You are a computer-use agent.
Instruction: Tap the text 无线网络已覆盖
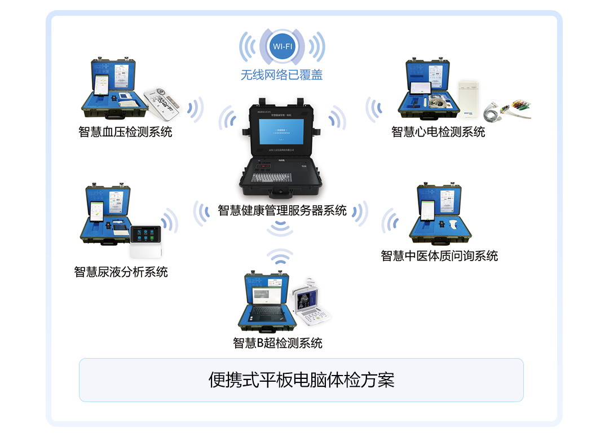click(x=281, y=75)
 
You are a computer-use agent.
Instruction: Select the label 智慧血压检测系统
click(x=125, y=133)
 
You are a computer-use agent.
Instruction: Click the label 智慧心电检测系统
click(x=438, y=133)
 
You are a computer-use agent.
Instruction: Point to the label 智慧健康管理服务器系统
click(x=282, y=211)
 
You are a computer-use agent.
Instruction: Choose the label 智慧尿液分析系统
click(x=121, y=272)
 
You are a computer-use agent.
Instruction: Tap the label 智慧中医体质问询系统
click(x=439, y=256)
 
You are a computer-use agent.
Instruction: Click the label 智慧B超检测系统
click(x=277, y=343)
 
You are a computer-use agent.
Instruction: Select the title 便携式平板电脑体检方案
click(x=301, y=380)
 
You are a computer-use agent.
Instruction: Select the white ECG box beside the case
click(x=468, y=98)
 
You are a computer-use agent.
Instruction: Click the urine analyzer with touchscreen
click(x=146, y=240)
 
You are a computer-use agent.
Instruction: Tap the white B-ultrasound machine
click(x=311, y=304)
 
